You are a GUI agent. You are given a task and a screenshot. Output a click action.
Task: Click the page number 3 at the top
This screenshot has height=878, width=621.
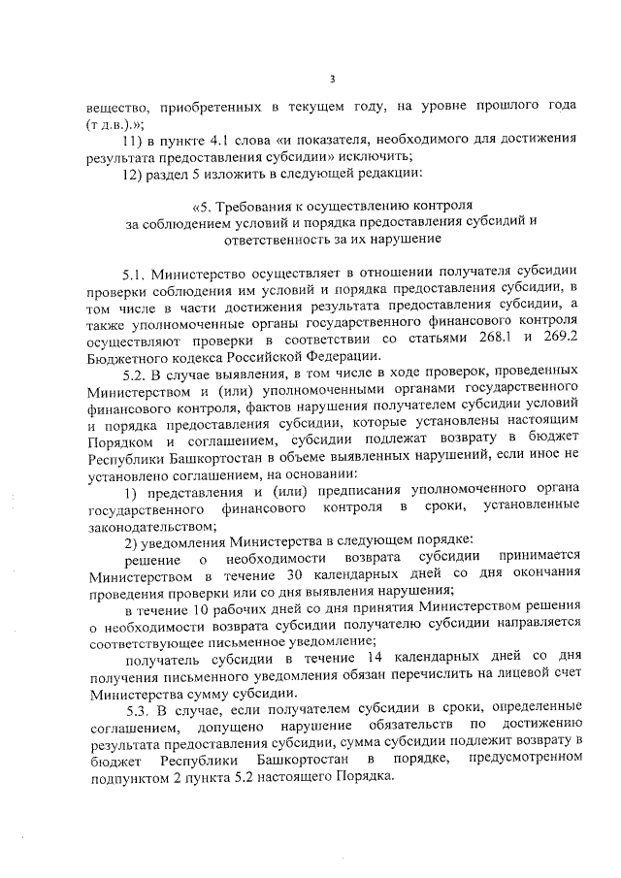[x=332, y=79]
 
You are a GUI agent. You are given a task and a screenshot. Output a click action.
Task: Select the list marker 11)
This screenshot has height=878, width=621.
[x=133, y=140]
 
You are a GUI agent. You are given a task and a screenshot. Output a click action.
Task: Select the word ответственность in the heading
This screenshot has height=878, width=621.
[x=278, y=239]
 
